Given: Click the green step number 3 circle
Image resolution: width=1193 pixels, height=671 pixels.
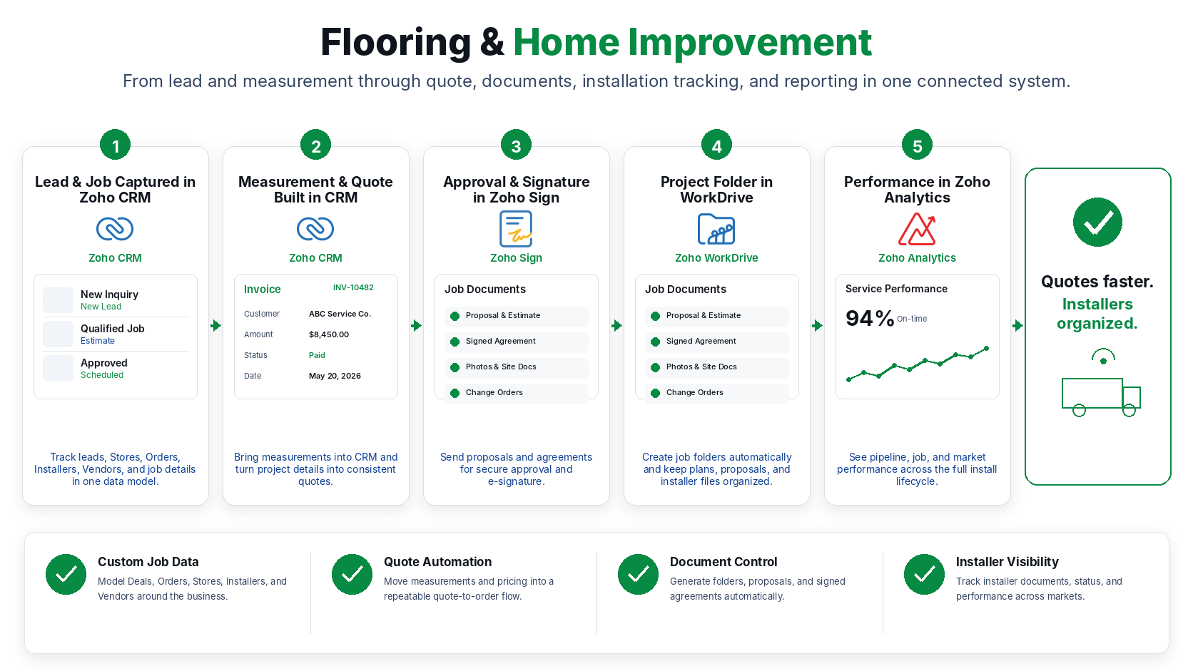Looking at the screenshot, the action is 516,145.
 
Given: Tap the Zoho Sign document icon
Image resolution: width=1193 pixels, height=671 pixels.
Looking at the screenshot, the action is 516,229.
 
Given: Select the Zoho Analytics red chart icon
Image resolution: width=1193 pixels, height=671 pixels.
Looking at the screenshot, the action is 917,229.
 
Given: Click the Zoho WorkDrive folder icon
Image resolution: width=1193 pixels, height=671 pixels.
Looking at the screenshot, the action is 716,229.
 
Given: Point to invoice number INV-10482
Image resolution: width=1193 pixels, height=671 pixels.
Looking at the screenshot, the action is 353,287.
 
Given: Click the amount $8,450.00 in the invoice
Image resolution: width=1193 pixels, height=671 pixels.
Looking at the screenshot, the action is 329,334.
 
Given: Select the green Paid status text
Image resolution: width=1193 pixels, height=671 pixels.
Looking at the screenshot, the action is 317,355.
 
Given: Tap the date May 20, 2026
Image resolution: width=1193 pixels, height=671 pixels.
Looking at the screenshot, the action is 335,376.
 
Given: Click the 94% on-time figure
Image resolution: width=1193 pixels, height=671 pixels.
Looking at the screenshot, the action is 870,318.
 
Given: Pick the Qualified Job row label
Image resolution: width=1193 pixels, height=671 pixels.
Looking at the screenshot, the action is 112,328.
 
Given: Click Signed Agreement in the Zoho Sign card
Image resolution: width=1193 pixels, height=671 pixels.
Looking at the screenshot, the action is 501,341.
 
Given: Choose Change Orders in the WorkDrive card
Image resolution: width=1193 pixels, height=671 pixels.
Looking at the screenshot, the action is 694,392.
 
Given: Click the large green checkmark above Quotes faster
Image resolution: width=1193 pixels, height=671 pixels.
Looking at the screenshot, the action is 1097,222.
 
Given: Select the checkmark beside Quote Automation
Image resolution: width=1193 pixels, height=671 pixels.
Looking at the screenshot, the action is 352,574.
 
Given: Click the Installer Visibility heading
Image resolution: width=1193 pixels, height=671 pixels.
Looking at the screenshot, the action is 1007,561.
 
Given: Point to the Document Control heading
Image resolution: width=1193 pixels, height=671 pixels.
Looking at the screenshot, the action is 724,561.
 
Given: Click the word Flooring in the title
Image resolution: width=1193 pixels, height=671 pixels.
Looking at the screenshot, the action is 396,43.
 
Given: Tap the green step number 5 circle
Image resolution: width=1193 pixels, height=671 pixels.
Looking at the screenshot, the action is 917,145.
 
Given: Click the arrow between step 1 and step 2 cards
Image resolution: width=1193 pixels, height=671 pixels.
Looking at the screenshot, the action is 215,325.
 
